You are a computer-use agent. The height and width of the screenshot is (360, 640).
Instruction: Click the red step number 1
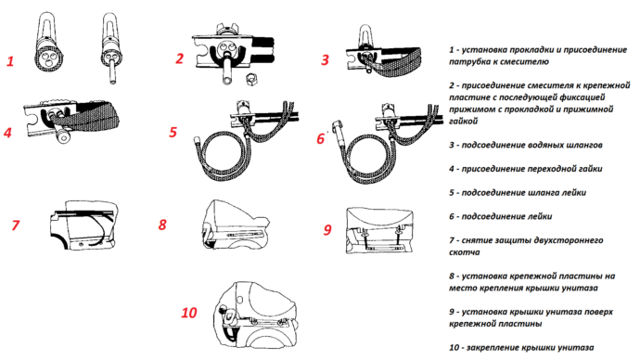10,61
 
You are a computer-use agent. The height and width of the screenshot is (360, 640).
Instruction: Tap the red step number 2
180,58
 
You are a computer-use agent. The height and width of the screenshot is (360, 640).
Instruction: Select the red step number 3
325,60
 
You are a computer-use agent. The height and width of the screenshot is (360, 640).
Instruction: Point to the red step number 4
7,133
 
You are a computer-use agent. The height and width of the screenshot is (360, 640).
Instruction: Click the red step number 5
173,132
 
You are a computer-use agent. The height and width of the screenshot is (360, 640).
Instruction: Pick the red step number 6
321,139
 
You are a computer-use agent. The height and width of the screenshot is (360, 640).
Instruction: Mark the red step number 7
16,225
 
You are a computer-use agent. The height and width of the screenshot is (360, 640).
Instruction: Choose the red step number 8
162,225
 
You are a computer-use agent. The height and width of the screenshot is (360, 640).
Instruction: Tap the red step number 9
327,230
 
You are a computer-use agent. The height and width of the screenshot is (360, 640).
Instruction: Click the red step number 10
189,313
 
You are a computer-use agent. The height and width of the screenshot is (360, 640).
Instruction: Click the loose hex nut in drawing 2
250,78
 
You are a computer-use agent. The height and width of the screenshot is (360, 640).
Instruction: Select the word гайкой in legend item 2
463,122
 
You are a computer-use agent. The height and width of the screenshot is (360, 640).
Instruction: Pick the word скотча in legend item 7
465,252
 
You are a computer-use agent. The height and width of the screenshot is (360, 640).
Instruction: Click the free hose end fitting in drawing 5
197,141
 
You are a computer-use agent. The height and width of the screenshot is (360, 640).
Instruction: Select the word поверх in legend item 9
598,312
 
